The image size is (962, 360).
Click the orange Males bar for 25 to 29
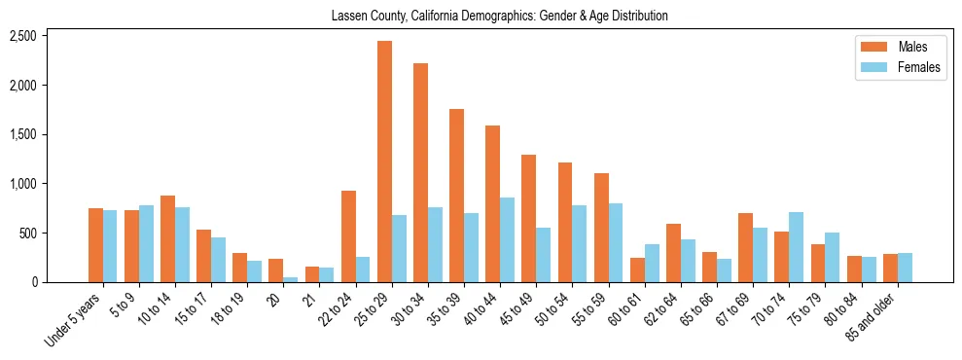pyautogui.click(x=384, y=162)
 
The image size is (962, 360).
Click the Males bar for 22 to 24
pyautogui.click(x=348, y=236)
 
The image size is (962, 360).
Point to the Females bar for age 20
pyautogui.click(x=290, y=279)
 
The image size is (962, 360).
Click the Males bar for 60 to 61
pyautogui.click(x=637, y=270)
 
